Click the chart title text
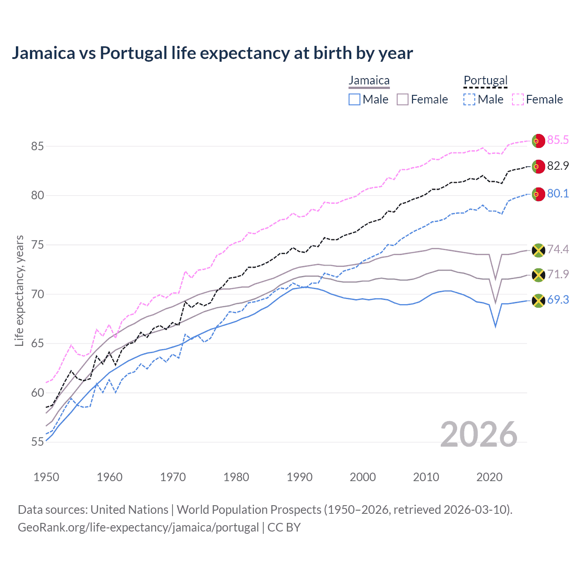coord(212,53)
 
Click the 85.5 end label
coord(557,140)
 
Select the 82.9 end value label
coord(557,166)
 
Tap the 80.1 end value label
coord(557,194)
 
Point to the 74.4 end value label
coord(557,249)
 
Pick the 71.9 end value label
coord(557,274)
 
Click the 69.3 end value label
coord(557,300)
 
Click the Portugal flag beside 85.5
coord(538,141)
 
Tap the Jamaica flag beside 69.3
coord(538,300)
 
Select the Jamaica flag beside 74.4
coord(538,250)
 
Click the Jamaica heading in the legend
coord(369,81)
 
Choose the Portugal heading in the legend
coord(485,81)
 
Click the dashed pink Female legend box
coord(518,99)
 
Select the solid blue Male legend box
coord(355,99)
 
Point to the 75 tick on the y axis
coord(37,245)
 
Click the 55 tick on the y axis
coord(37,442)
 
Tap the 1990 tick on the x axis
coord(300,477)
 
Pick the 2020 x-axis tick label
coord(489,477)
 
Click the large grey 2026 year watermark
coord(478,434)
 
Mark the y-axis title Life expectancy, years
coord(20,290)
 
